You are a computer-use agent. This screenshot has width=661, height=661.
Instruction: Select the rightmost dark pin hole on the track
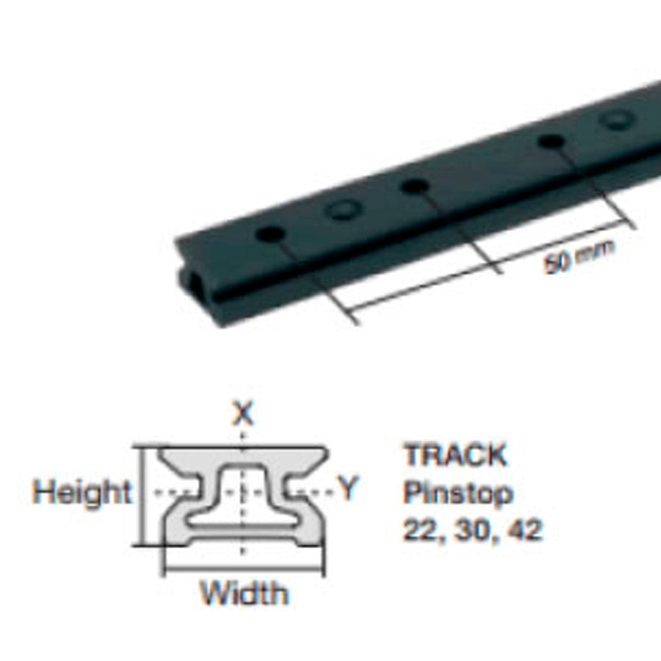pos(551,141)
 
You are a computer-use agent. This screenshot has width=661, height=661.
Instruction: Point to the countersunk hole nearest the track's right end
pos(618,120)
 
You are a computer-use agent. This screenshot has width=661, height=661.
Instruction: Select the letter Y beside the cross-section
pos(348,490)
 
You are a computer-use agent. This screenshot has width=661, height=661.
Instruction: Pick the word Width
pos(245,593)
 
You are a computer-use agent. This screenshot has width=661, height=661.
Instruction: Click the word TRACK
pos(455,455)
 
